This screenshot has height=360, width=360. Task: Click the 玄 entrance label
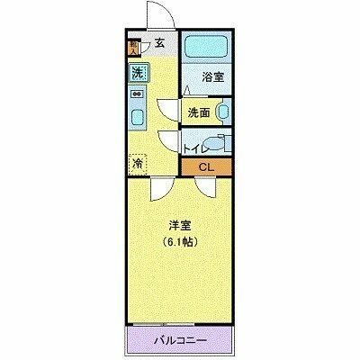coord(159,41)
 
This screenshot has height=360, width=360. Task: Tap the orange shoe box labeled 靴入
coord(133,47)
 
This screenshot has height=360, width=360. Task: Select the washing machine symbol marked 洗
coord(138,73)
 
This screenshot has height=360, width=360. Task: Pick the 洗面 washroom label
coord(199,112)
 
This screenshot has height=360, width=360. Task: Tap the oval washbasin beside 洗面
coord(223,112)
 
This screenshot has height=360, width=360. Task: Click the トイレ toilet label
coord(193,145)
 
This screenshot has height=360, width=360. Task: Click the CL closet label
coord(206,167)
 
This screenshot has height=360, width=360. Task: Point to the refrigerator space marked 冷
coord(138,164)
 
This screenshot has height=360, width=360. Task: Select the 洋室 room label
coord(180,226)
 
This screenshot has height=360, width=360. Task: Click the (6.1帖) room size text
coord(180,242)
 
